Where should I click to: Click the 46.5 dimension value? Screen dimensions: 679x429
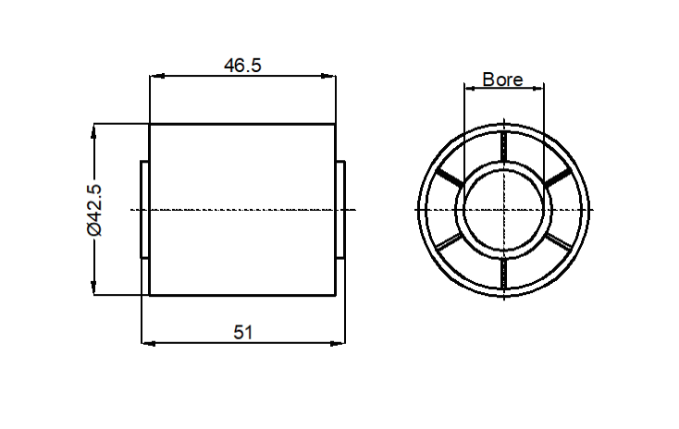pyautogui.click(x=242, y=66)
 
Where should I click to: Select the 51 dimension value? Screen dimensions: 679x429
pyautogui.click(x=243, y=333)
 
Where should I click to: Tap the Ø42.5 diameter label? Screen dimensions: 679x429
pyautogui.click(x=94, y=210)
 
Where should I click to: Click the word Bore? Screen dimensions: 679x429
pyautogui.click(x=502, y=80)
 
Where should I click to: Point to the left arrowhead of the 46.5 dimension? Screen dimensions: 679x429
pyautogui.click(x=156, y=76)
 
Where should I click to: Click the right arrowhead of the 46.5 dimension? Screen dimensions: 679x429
pyautogui.click(x=328, y=76)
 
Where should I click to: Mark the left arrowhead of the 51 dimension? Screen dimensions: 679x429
pyautogui.click(x=149, y=343)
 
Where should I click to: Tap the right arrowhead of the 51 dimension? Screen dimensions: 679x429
pyautogui.click(x=338, y=343)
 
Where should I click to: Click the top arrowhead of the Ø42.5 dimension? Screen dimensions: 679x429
pyautogui.click(x=93, y=131)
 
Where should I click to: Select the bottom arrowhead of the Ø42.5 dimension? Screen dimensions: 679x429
pyautogui.click(x=93, y=288)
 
